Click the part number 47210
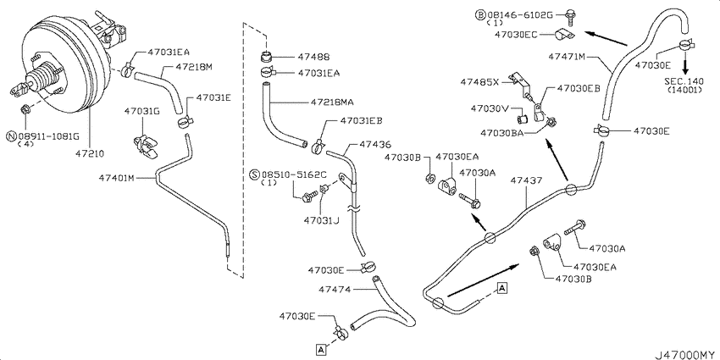tap(89, 153)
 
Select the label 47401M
tap(117, 178)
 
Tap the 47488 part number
tap(313, 58)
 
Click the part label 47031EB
tap(362, 121)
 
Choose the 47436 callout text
tap(375, 145)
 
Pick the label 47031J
tap(321, 221)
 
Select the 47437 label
tap(525, 180)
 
